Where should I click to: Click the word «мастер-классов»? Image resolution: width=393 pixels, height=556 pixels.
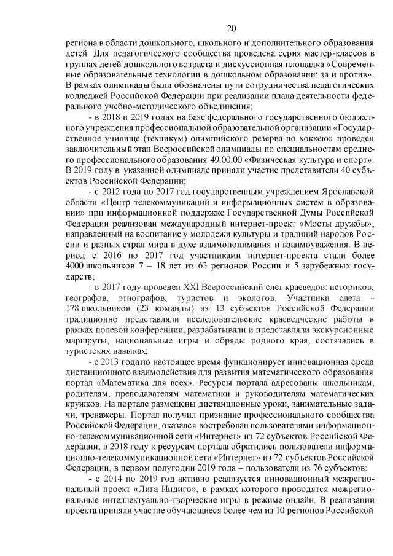[x=335, y=56]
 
